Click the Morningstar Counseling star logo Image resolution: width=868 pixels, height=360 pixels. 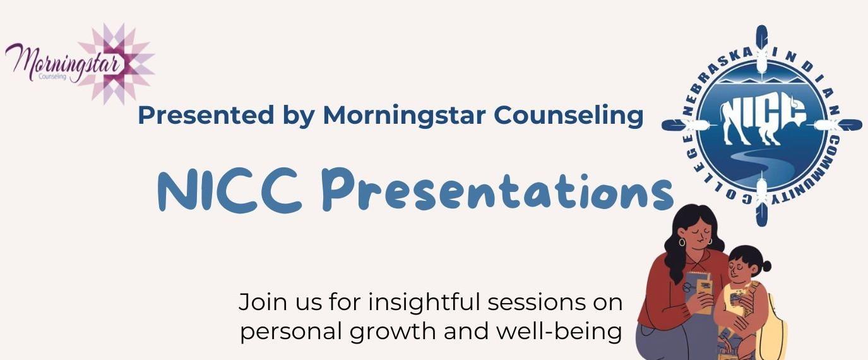click(80, 64)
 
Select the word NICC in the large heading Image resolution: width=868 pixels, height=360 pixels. click(230, 190)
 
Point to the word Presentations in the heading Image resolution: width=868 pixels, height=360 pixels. click(498, 191)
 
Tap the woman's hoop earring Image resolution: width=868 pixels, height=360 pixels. click(682, 242)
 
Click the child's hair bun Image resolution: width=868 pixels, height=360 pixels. click(765, 267)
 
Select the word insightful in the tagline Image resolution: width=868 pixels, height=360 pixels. click(424, 302)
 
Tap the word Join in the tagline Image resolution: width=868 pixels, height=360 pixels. click(263, 303)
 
